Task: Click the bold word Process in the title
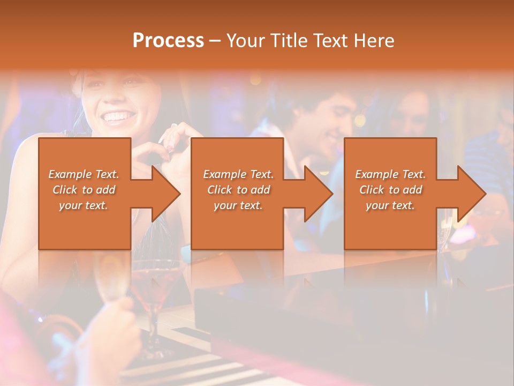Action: click(x=168, y=41)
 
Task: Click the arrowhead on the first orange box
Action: click(x=165, y=194)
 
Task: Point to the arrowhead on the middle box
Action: click(x=318, y=194)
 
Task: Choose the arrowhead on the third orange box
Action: click(x=471, y=194)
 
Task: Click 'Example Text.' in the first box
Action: click(x=84, y=174)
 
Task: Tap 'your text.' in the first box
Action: click(x=84, y=205)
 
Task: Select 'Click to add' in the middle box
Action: click(x=238, y=190)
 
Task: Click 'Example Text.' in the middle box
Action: click(x=238, y=174)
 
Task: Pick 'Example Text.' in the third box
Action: click(x=390, y=174)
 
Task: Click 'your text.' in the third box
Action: click(x=390, y=205)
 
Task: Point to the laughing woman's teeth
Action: click(x=118, y=116)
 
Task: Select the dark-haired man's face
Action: click(x=327, y=123)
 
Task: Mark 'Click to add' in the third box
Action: click(x=390, y=190)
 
